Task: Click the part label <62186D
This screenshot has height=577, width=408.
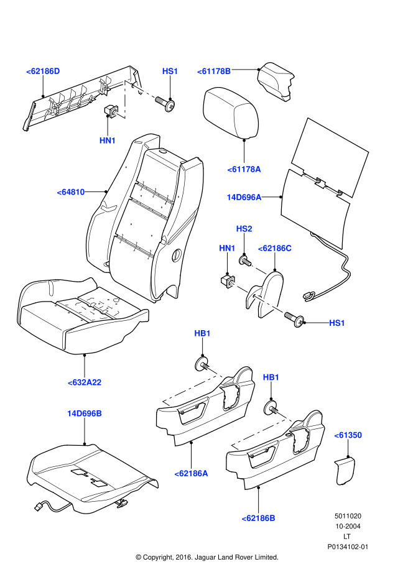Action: [x=43, y=72]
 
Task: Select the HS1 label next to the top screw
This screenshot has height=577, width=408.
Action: [x=170, y=72]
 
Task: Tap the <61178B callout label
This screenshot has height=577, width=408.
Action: [x=215, y=72]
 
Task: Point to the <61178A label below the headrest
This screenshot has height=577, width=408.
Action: [x=244, y=168]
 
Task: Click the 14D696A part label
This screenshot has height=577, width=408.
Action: [x=244, y=197]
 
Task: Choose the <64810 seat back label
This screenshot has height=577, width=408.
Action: [x=71, y=192]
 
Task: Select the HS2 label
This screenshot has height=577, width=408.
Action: [x=244, y=229]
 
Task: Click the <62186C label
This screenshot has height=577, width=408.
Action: [x=274, y=248]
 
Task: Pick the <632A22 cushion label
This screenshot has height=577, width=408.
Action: [x=84, y=382]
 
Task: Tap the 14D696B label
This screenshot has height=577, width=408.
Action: [x=85, y=413]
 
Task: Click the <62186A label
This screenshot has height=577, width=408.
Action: [x=191, y=473]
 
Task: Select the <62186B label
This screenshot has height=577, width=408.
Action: [x=258, y=518]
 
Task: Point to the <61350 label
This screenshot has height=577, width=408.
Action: [x=348, y=435]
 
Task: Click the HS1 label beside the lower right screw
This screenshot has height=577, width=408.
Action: [x=336, y=323]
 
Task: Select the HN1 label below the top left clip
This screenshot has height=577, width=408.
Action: [x=108, y=141]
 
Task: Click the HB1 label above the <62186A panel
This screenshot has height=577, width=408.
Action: [x=202, y=333]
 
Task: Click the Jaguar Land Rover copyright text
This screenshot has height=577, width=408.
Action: [x=206, y=557]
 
